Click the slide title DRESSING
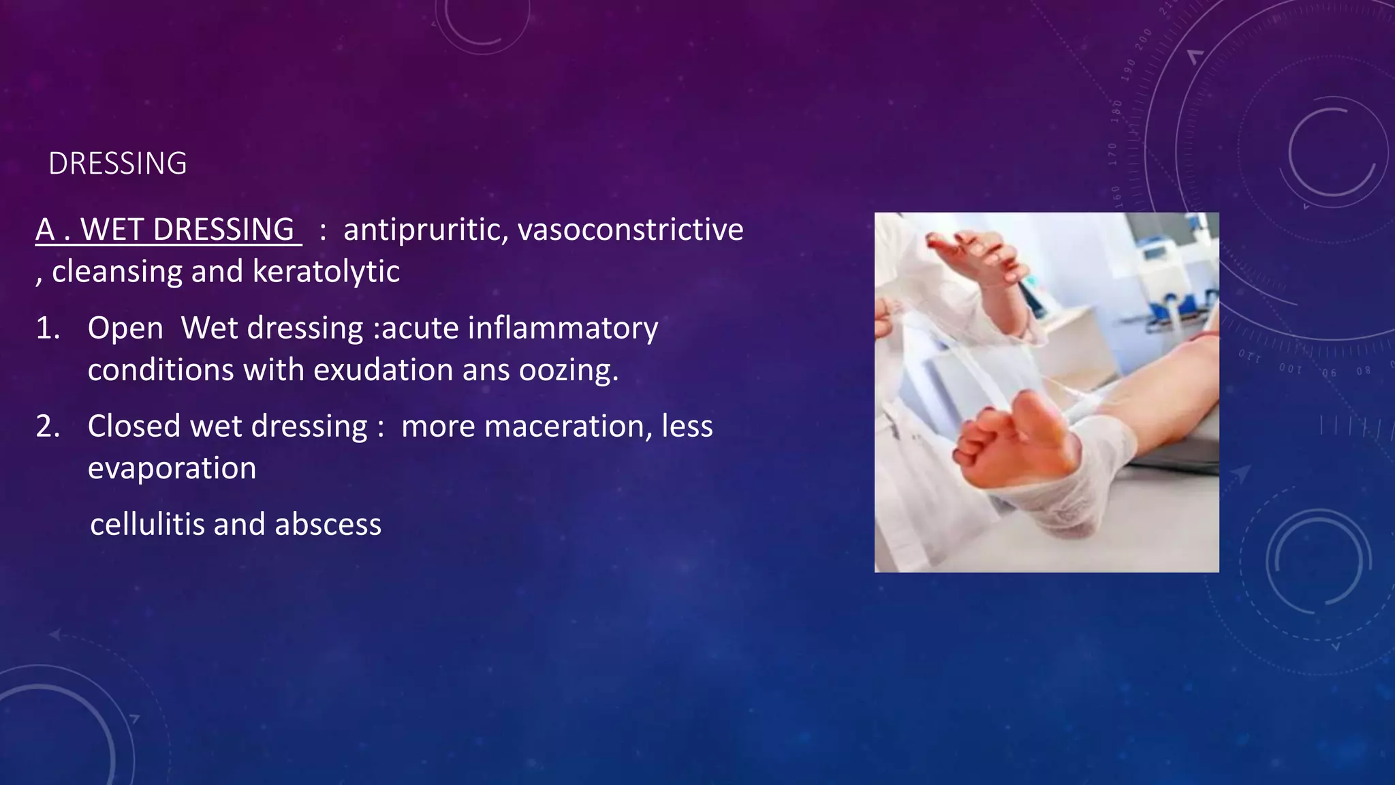117,164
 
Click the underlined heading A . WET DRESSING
168,230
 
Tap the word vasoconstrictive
630,230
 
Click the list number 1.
48,328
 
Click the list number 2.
48,427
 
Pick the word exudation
383,371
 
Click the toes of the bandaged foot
1001,429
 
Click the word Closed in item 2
134,427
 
